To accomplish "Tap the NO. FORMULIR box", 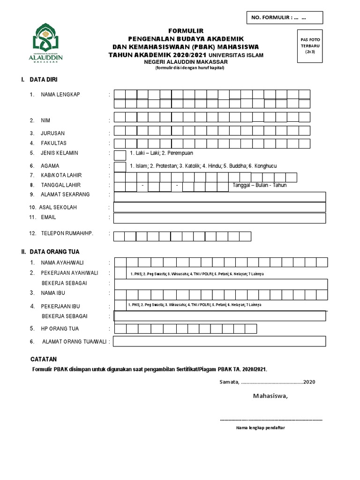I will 285,18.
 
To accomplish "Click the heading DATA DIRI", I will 44,80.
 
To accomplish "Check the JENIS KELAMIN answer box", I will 120,155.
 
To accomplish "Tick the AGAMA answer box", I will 120,166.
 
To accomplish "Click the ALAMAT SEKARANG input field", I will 219,196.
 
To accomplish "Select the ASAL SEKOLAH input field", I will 219,207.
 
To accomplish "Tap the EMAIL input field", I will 219,218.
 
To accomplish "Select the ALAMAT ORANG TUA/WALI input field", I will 219,342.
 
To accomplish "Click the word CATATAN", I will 44,360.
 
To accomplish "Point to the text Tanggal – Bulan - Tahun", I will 259,185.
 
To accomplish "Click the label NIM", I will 45,121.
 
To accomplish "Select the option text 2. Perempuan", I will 178,153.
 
